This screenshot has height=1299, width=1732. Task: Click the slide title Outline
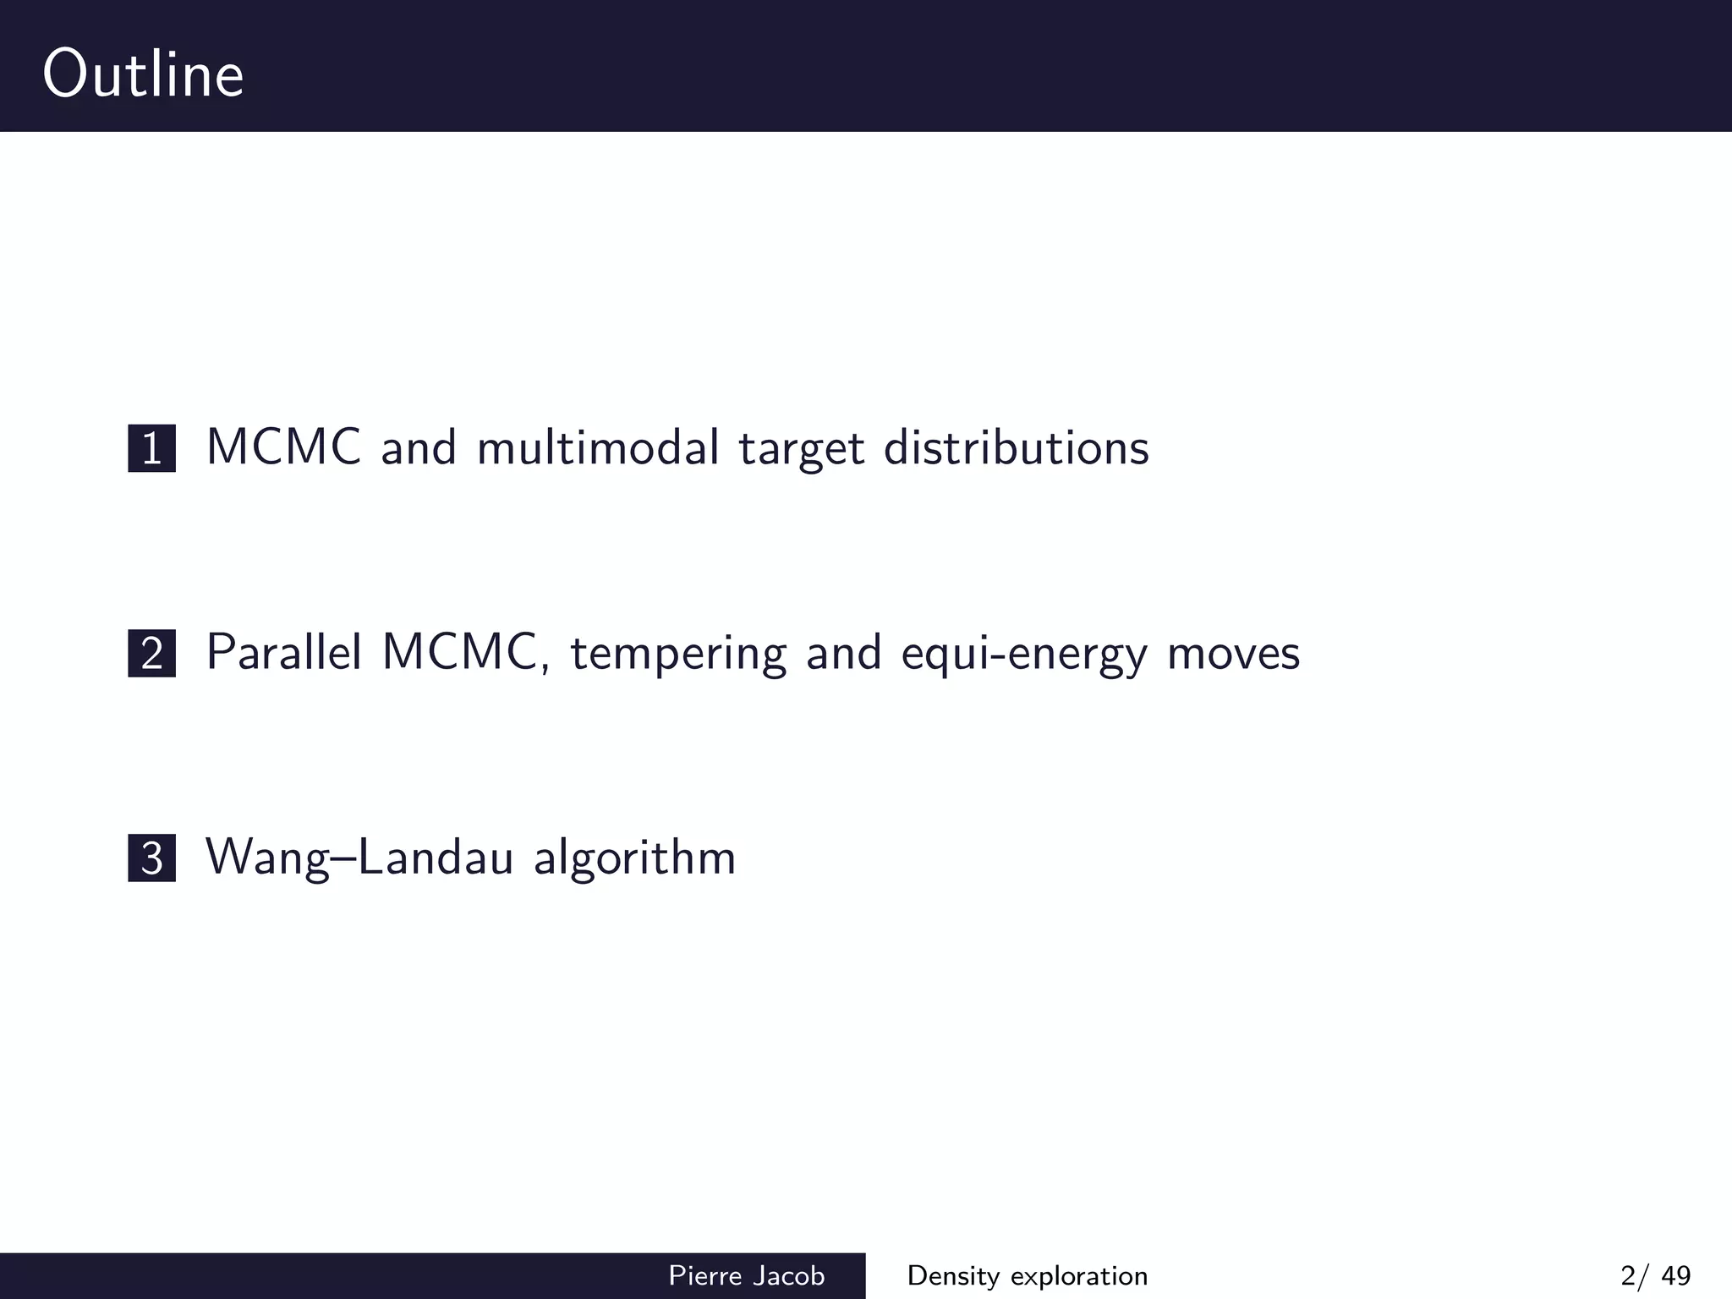click(143, 74)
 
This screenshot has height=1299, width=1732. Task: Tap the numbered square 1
click(151, 448)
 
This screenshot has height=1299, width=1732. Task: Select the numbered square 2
click(151, 654)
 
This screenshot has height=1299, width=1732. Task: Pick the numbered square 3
click(151, 858)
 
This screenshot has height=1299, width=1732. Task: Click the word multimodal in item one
click(598, 447)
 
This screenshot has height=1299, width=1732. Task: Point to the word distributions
click(1016, 447)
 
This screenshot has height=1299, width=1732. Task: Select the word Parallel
click(284, 652)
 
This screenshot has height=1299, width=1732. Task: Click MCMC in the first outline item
click(284, 447)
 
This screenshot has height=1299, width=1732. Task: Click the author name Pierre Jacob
click(746, 1275)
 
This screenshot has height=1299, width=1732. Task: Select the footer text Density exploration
click(1027, 1275)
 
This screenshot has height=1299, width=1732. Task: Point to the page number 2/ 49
click(1655, 1275)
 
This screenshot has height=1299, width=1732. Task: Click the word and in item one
click(419, 447)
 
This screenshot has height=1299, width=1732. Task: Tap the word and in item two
click(843, 653)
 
